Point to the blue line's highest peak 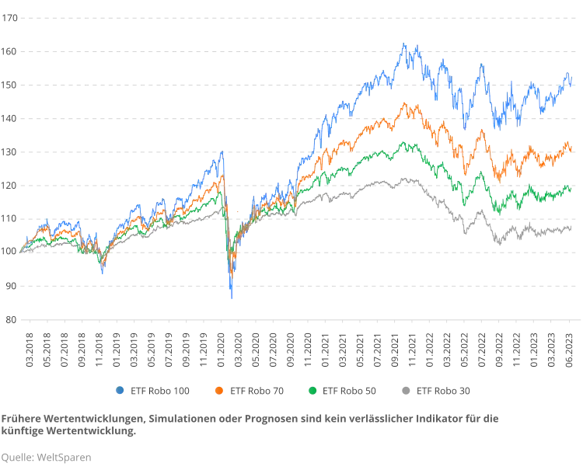click(x=403, y=41)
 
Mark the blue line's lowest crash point click(x=232, y=301)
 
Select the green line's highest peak click(x=404, y=141)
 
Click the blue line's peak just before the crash click(x=222, y=152)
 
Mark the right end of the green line click(x=572, y=188)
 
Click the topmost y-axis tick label click(x=10, y=20)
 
